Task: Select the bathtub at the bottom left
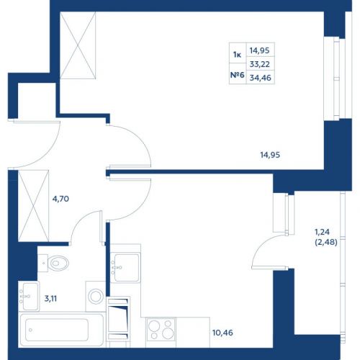point(62,330)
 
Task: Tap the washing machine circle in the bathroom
point(96,296)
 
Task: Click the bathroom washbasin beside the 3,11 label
point(29,296)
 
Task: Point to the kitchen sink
point(125,267)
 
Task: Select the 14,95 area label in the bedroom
point(270,155)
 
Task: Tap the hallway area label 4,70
point(60,199)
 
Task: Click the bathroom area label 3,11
point(50,299)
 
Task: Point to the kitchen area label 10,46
point(222,333)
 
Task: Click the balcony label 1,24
point(322,232)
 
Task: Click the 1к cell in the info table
point(238,55)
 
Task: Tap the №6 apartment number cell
point(238,75)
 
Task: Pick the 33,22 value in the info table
point(260,64)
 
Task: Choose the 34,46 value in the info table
point(261,78)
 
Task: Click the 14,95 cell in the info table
point(260,50)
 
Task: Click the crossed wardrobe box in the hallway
point(33,206)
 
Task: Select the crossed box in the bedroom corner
point(78,45)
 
